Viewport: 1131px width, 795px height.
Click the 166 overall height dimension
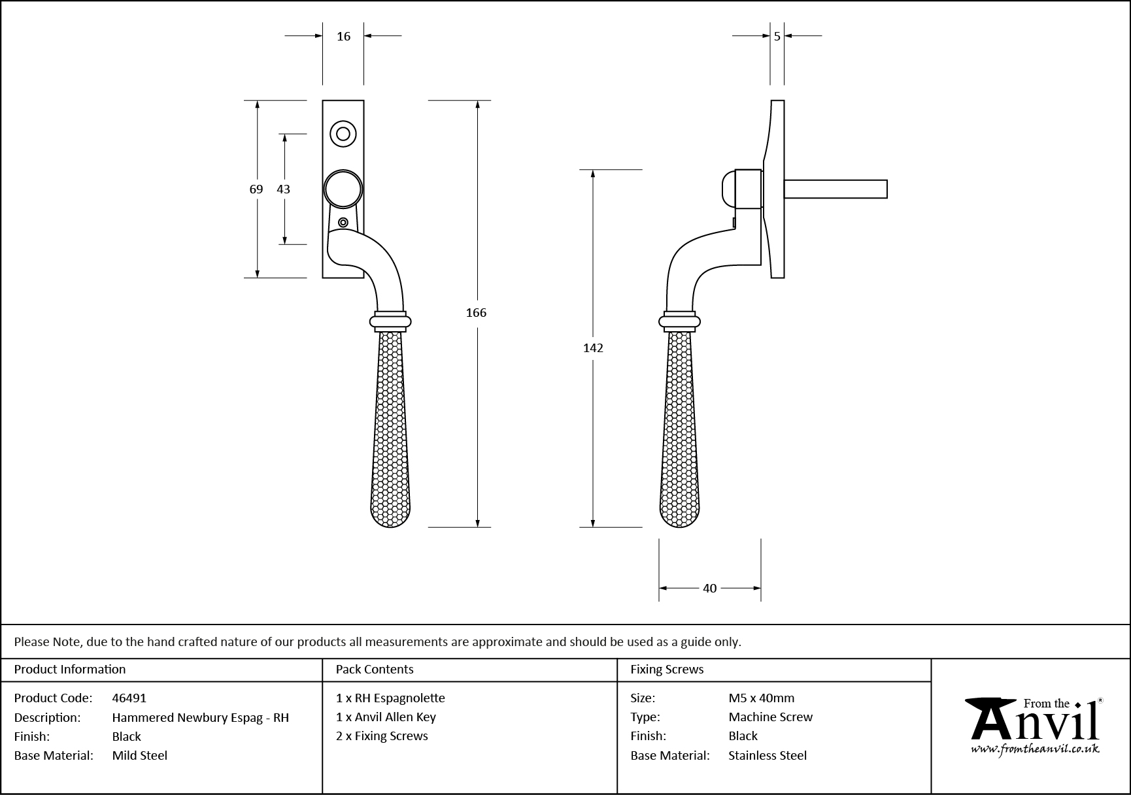pyautogui.click(x=476, y=313)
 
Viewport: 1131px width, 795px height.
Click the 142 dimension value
pyautogui.click(x=593, y=348)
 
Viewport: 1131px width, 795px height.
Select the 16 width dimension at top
pyautogui.click(x=344, y=37)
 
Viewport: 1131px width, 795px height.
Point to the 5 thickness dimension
pyautogui.click(x=777, y=37)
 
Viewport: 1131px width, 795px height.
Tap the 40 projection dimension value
pyautogui.click(x=710, y=589)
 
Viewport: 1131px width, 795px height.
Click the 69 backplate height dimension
pyautogui.click(x=256, y=189)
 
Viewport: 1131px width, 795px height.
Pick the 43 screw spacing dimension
pyautogui.click(x=283, y=189)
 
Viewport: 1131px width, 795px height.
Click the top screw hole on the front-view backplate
pyautogui.click(x=343, y=134)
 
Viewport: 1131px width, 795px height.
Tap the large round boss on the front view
pyautogui.click(x=343, y=189)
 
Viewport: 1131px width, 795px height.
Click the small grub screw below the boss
pyautogui.click(x=343, y=223)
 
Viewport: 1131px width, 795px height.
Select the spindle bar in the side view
pyautogui.click(x=836, y=189)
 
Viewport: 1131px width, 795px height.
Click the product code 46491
pyautogui.click(x=129, y=698)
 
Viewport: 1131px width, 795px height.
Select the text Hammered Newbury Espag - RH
pyautogui.click(x=200, y=717)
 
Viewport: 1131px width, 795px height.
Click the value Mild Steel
pyautogui.click(x=140, y=755)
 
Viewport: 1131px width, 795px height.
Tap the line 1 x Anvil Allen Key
pyautogui.click(x=386, y=717)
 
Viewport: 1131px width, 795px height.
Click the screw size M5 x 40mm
pyautogui.click(x=762, y=698)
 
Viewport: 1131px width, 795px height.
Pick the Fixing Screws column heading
pyautogui.click(x=667, y=669)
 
